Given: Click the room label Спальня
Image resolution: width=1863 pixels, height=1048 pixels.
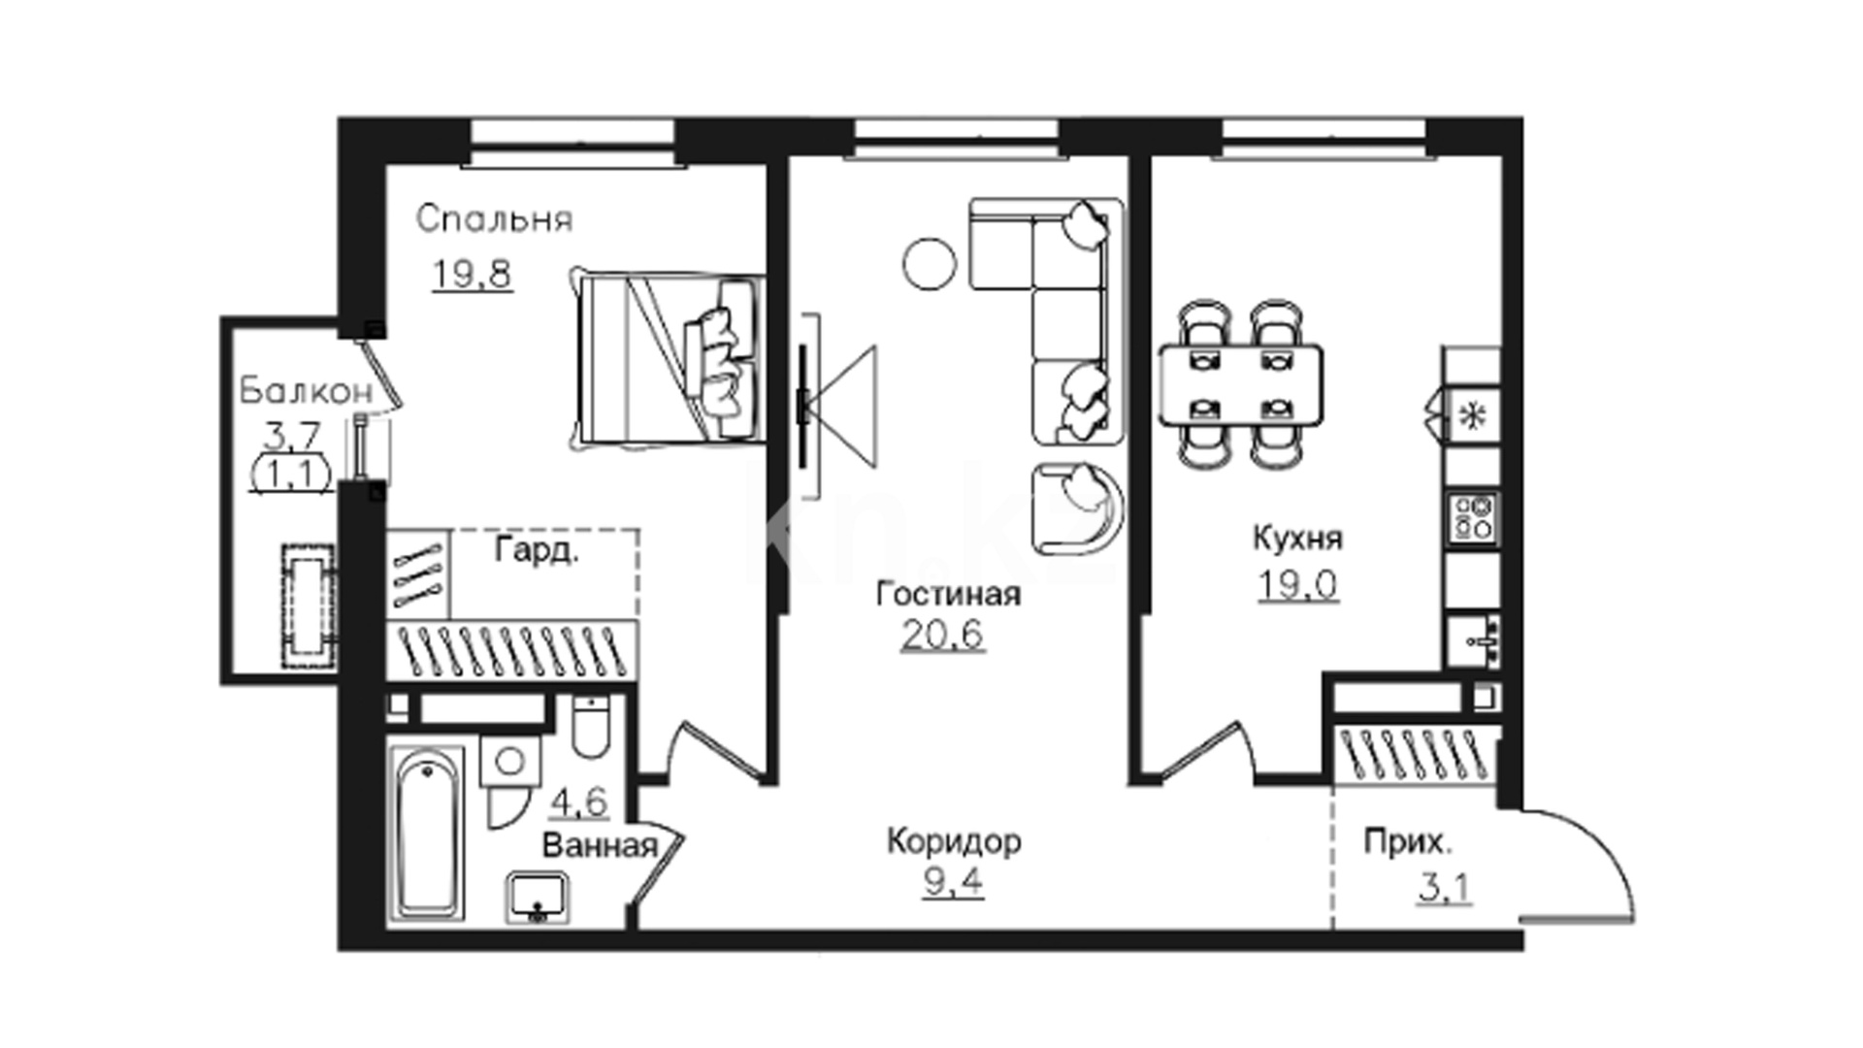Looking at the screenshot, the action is (x=494, y=220).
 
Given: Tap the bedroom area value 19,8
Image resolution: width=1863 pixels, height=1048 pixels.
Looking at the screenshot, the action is (x=472, y=275).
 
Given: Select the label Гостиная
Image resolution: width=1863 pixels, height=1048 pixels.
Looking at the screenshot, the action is (x=948, y=593).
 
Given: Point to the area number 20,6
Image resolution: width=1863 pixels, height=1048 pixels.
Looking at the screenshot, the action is (x=942, y=635).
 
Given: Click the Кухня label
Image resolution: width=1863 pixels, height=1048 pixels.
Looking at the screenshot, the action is (x=1297, y=538).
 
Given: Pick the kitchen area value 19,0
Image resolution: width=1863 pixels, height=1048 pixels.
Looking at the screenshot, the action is (x=1298, y=584).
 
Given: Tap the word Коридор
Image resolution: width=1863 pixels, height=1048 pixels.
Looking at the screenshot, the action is (x=954, y=841).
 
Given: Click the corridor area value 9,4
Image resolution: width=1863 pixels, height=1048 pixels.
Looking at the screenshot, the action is (x=954, y=882).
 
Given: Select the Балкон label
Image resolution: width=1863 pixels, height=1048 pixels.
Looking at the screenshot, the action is (x=306, y=391).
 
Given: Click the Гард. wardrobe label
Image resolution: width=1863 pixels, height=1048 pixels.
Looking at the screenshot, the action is (x=537, y=550).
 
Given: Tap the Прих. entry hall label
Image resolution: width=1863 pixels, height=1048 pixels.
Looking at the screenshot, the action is (x=1408, y=841).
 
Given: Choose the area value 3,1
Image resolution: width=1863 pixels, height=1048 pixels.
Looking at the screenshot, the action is (x=1444, y=888).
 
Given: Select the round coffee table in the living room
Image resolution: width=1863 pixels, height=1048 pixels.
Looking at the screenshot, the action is (x=930, y=264).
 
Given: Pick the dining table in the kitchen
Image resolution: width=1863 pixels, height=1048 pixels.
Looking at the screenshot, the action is (x=1241, y=385).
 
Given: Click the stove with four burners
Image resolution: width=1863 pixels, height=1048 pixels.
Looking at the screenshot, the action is (x=1472, y=517).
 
